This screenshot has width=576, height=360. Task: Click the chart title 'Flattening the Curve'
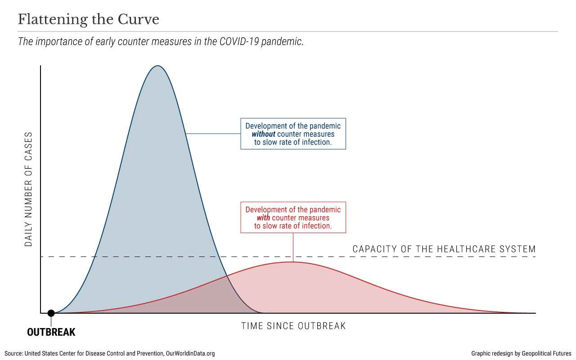pos(89,20)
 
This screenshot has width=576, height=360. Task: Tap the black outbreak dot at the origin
pos(51,313)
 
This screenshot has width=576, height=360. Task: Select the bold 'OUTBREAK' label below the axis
pos(51,333)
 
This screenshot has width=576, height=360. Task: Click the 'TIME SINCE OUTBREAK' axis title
pos(293,326)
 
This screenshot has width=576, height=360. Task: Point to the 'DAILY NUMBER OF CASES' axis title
pos(29,189)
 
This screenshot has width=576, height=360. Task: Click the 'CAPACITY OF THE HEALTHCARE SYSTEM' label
pos(444,249)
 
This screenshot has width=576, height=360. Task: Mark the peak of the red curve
pos(293,262)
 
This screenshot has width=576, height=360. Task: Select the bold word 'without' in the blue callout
pos(263,134)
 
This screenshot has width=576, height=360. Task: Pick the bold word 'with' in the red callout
pos(263,218)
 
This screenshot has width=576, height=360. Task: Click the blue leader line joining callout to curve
pos(213,134)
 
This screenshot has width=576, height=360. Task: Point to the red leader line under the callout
pos(293,247)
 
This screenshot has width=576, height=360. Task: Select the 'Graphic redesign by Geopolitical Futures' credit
pos(521,354)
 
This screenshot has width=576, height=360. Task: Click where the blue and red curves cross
pos(227,275)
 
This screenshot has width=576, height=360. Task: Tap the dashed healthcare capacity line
pos(405,256)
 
